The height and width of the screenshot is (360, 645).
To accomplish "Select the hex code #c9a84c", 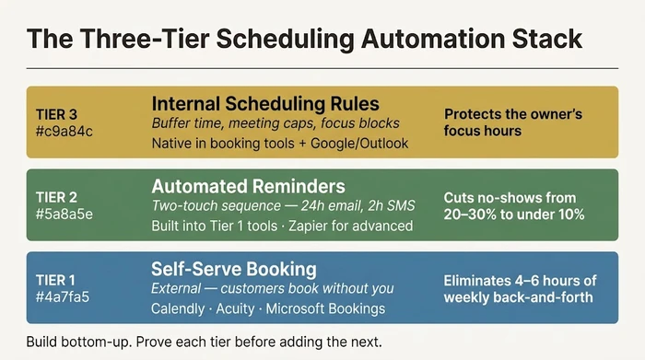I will pyautogui.click(x=62, y=132).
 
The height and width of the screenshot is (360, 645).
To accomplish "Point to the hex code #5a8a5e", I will pyautogui.click(x=63, y=215).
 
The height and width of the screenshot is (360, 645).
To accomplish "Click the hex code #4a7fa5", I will pyautogui.click(x=62, y=296).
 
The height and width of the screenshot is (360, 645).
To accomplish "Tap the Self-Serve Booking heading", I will pyautogui.click(x=234, y=269).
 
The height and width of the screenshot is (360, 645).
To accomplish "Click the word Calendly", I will pyautogui.click(x=180, y=308).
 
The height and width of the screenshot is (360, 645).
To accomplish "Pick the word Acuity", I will pyautogui.click(x=240, y=308).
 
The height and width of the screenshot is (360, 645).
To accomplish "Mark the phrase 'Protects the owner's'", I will pyautogui.click(x=513, y=115).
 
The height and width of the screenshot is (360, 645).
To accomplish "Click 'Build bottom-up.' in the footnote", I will pyautogui.click(x=78, y=342).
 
